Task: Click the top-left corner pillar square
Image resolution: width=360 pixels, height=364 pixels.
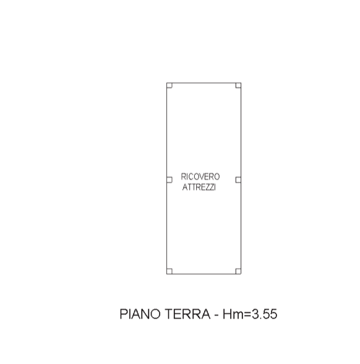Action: tap(169, 85)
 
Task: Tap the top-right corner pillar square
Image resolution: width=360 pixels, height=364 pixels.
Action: tap(238, 85)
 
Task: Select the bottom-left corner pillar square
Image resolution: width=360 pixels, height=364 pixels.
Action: tap(169, 271)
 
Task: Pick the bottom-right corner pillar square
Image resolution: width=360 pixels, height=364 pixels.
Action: tap(238, 271)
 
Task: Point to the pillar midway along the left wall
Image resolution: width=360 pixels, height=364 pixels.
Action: tap(169, 180)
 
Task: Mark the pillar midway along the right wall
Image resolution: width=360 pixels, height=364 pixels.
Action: tap(238, 180)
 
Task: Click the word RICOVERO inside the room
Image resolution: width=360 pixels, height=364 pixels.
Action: tap(200, 176)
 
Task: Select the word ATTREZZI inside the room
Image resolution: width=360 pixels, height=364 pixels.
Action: tap(199, 187)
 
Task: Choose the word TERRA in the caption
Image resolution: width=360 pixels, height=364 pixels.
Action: tap(187, 314)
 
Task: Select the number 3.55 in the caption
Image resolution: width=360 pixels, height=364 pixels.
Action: tap(265, 314)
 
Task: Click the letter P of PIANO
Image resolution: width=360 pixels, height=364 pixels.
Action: tap(124, 314)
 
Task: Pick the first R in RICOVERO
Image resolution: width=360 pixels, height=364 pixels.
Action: tap(183, 176)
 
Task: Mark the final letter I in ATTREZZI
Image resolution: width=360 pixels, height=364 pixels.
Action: tap(215, 187)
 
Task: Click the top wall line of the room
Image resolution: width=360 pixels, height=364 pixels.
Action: tap(204, 83)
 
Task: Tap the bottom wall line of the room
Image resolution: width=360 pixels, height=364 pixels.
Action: tap(204, 274)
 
